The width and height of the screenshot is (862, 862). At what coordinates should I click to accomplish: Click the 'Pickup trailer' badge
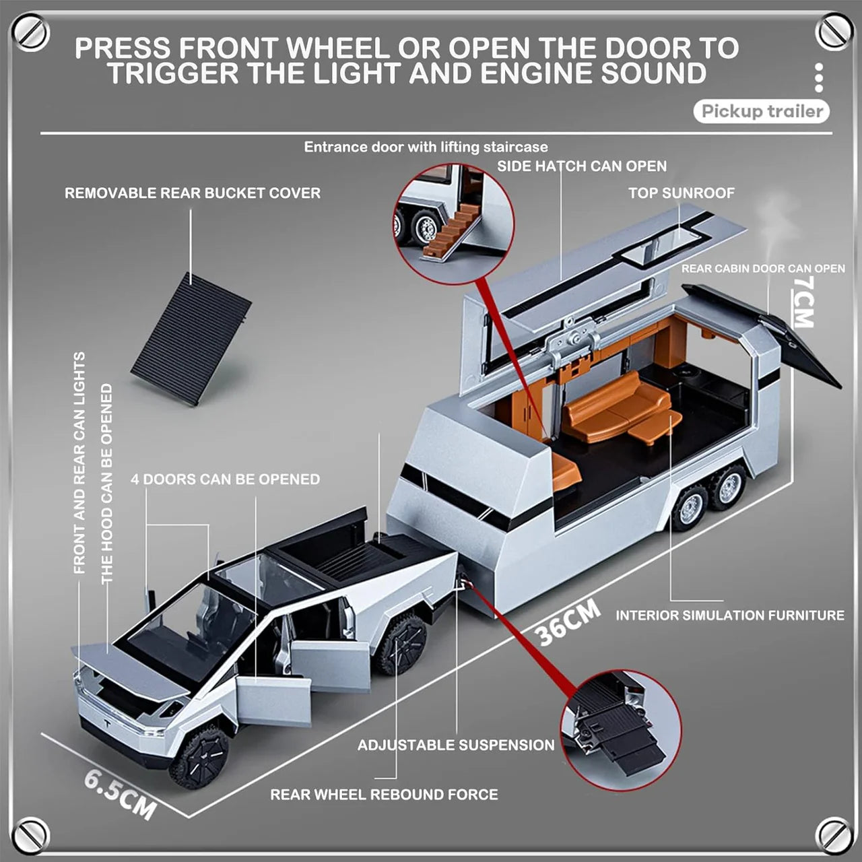pyautogui.click(x=762, y=112)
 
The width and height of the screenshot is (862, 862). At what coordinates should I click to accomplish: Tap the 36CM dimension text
pyautogui.click(x=567, y=624)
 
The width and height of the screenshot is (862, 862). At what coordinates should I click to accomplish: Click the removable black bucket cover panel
pyautogui.click(x=191, y=339)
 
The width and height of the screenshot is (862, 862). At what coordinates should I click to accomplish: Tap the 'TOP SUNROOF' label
pyautogui.click(x=681, y=193)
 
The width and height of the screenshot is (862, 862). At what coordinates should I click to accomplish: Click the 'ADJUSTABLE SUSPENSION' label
pyautogui.click(x=456, y=745)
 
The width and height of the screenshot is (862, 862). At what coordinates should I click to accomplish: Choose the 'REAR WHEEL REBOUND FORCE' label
pyautogui.click(x=384, y=795)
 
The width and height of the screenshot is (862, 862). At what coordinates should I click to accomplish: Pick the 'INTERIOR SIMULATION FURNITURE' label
pyautogui.click(x=729, y=616)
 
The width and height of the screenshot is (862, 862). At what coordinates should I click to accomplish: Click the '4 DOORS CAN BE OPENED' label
pyautogui.click(x=225, y=479)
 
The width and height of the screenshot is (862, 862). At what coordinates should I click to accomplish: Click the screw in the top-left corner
pyautogui.click(x=30, y=32)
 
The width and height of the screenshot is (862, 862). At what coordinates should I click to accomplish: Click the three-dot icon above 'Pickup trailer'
pyautogui.click(x=819, y=78)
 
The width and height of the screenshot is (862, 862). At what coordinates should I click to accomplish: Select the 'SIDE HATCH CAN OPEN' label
pyautogui.click(x=582, y=166)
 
